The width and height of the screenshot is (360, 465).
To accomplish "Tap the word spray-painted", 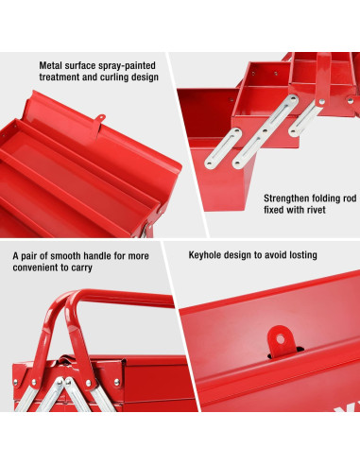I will (129, 66).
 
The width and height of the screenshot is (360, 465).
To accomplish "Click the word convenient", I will (36, 267).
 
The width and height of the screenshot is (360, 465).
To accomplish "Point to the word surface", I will (86, 66).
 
